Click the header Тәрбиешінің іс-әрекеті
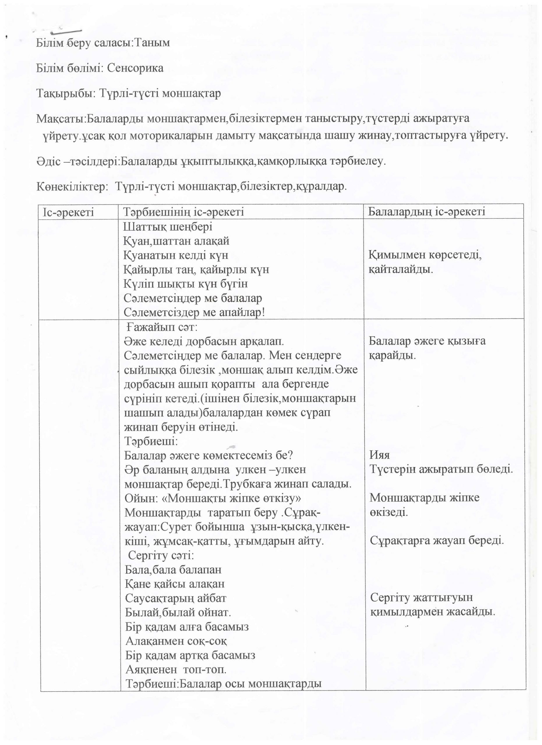tap(183, 212)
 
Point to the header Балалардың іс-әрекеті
tap(426, 212)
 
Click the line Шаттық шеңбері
tap(168, 227)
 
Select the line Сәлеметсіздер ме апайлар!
tap(194, 312)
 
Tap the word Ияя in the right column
tap(379, 455)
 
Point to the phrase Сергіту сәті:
tap(161, 556)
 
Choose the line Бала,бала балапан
tap(173, 570)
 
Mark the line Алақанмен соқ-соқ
tap(176, 641)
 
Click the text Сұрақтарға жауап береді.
tap(437, 541)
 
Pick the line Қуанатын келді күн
tap(176, 255)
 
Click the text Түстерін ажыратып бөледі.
tap(441, 469)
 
